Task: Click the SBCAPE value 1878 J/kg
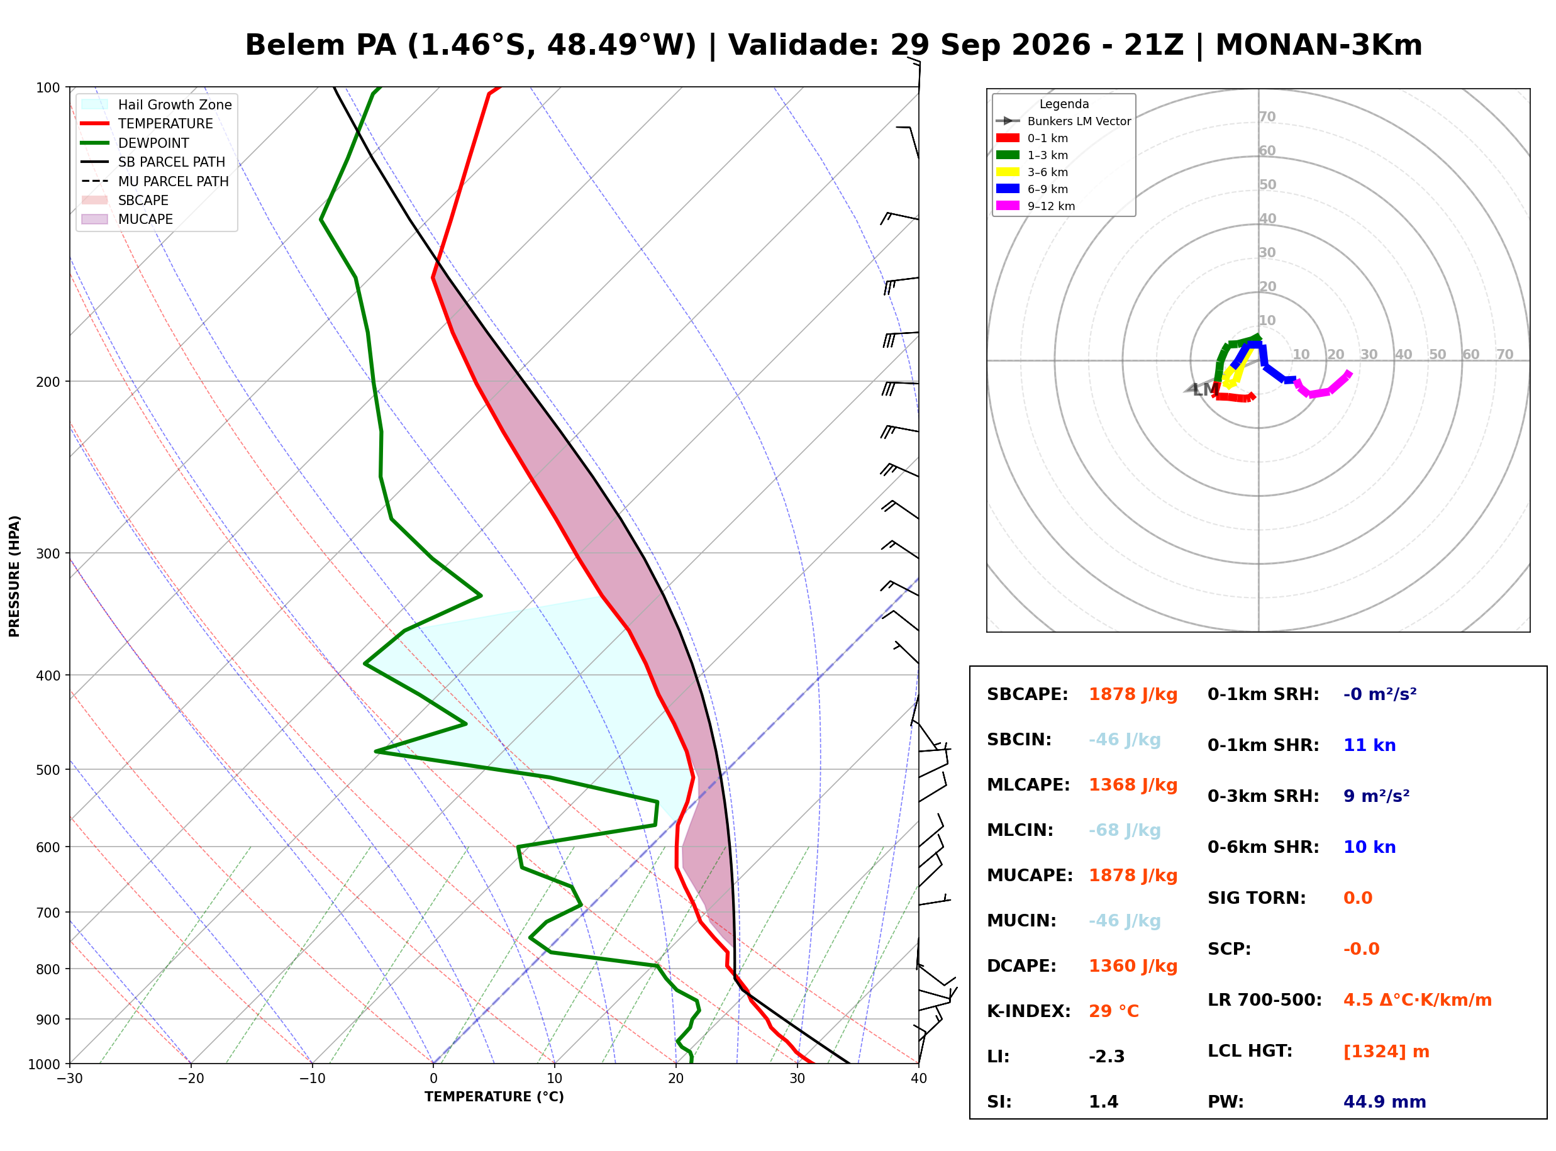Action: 1133,694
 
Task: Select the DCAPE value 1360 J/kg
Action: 1133,966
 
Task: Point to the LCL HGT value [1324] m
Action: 1386,1052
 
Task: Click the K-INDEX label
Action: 1029,1011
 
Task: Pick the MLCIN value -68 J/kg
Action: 1125,830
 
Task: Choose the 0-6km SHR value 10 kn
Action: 1369,847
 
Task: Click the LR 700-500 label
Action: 1265,1001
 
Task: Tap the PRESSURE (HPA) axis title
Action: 14,576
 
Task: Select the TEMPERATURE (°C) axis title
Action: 494,1098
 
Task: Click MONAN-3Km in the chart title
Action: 1318,45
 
